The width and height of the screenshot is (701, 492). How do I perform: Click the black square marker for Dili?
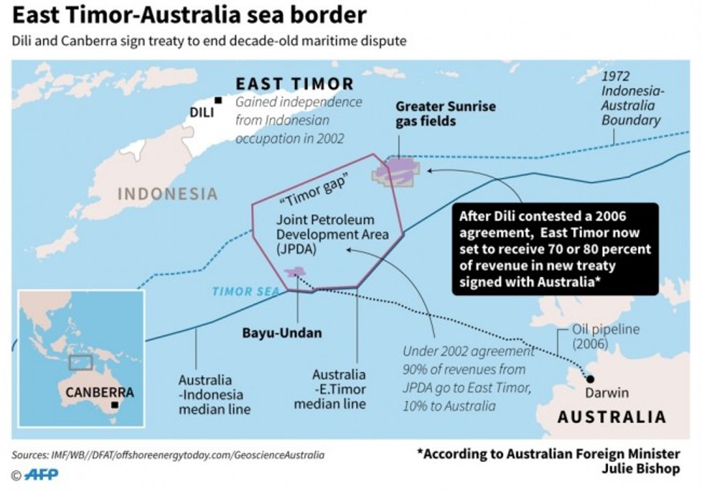(x=218, y=100)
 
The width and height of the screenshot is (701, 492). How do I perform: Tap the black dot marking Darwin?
(x=589, y=378)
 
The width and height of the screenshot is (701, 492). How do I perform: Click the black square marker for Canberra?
(x=114, y=404)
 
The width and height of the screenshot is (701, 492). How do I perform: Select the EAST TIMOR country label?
(x=294, y=84)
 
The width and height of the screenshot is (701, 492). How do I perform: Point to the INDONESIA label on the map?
(x=168, y=194)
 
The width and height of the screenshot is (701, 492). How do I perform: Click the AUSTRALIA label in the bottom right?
(x=611, y=417)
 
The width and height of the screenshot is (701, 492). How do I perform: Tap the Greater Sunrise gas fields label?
(x=446, y=114)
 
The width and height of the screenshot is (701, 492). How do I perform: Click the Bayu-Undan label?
(x=281, y=333)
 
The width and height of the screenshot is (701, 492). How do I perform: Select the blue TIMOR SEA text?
(x=246, y=291)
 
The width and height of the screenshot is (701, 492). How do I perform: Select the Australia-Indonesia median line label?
(x=214, y=394)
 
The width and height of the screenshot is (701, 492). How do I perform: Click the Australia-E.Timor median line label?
(x=339, y=389)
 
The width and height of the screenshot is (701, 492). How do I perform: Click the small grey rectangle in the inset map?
(x=81, y=362)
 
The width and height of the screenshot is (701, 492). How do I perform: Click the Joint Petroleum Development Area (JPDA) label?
(x=332, y=235)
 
